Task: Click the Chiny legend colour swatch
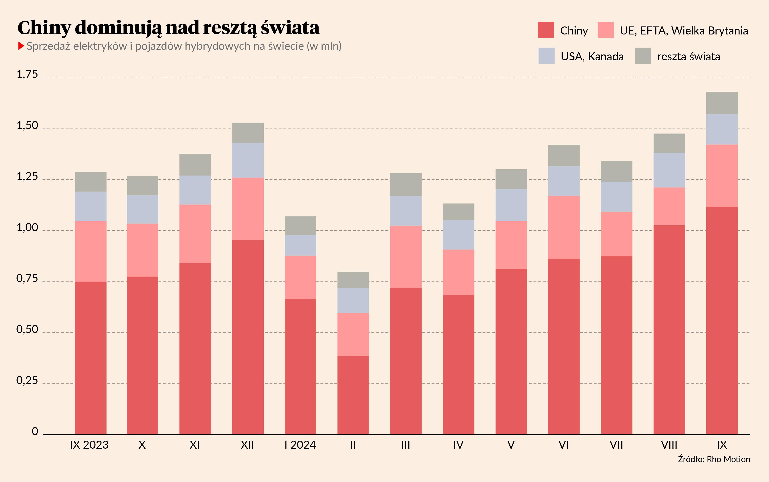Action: [546, 30]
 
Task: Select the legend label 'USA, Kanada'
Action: [592, 56]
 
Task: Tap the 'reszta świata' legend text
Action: [688, 56]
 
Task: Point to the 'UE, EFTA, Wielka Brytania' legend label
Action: [684, 31]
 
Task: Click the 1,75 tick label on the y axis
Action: [27, 74]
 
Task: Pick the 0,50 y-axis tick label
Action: [27, 329]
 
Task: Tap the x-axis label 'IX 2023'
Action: [89, 445]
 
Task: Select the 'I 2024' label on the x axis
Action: [300, 445]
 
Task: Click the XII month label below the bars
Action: [247, 445]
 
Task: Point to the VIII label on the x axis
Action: [669, 445]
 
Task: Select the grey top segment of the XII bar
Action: [248, 133]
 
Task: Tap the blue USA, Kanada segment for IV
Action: [458, 235]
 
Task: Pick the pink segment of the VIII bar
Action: [669, 206]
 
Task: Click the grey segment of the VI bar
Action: [564, 155]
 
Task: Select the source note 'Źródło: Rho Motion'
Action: [714, 459]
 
